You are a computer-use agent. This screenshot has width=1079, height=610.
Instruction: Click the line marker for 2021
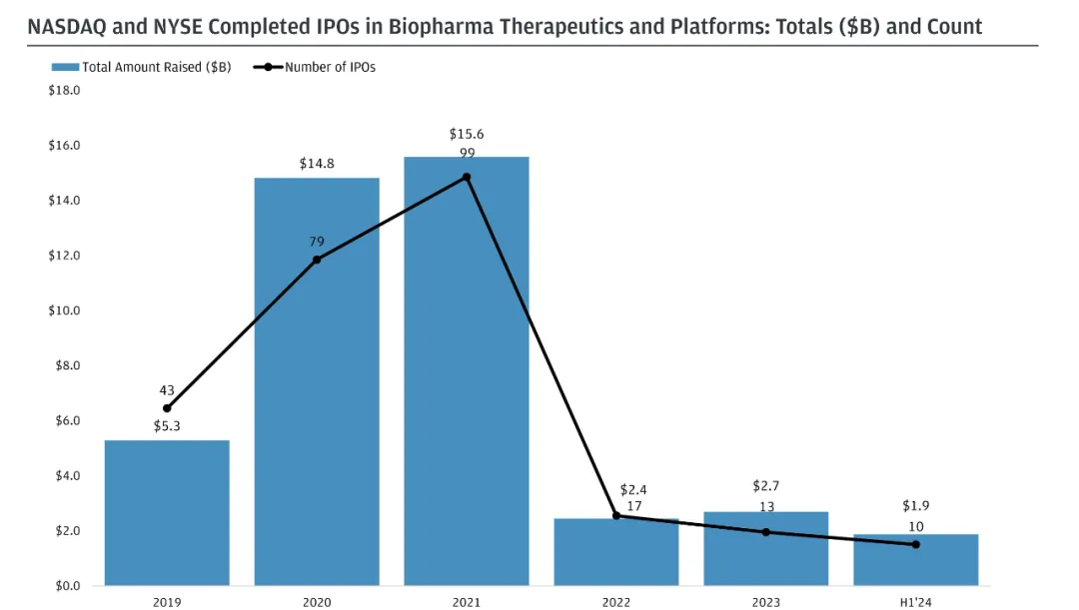(x=467, y=178)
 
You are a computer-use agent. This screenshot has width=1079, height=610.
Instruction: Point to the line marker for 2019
(x=167, y=408)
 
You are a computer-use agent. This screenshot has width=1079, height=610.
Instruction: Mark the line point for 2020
(x=317, y=260)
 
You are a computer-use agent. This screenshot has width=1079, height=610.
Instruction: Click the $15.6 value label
(x=467, y=134)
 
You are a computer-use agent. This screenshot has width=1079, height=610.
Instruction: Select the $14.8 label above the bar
(x=317, y=163)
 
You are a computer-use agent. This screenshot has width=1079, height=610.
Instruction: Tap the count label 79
(x=317, y=242)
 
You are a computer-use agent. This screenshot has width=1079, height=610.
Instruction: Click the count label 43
(x=167, y=390)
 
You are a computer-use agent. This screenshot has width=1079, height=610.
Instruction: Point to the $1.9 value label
(x=915, y=506)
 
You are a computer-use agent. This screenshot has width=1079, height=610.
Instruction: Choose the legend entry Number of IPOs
(x=330, y=67)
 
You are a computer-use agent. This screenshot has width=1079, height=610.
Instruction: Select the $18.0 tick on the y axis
(x=64, y=90)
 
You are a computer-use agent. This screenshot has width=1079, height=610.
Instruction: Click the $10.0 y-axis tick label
(x=64, y=310)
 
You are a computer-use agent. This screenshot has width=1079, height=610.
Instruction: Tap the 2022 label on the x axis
(x=616, y=602)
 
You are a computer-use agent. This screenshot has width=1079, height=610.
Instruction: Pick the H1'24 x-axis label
(x=915, y=602)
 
